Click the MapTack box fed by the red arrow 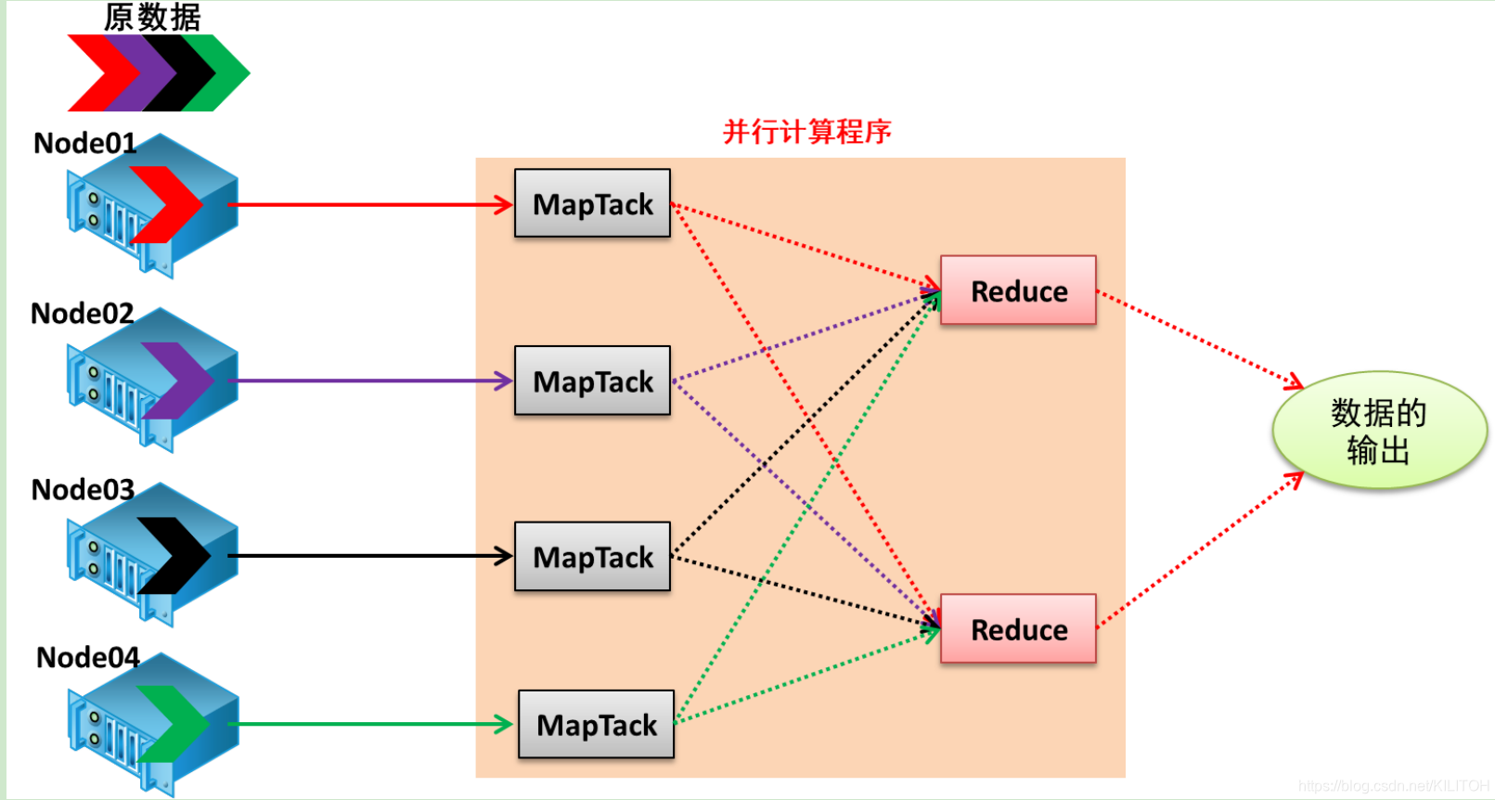click(x=592, y=203)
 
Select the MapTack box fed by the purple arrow click(x=592, y=381)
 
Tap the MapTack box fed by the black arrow click(x=592, y=557)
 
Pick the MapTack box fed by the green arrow click(x=596, y=725)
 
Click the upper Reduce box click(x=1018, y=290)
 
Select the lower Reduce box click(x=1018, y=629)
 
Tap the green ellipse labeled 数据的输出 click(x=1378, y=431)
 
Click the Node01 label click(x=84, y=144)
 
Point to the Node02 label click(x=82, y=314)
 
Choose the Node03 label click(x=83, y=490)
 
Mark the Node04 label click(x=87, y=658)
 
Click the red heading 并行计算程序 click(x=806, y=132)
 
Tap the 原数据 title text click(x=152, y=17)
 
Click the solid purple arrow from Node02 click(x=371, y=381)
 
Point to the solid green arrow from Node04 click(x=371, y=724)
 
